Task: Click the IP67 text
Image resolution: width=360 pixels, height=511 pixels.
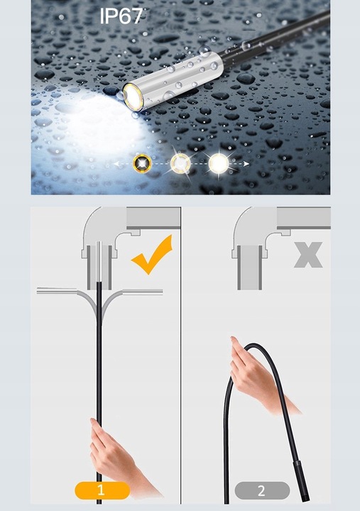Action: tap(121, 16)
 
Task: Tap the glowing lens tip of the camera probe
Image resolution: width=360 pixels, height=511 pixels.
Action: tap(133, 97)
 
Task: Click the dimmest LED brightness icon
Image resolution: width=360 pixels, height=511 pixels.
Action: tap(143, 163)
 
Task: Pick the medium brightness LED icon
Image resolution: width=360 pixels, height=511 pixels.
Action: tap(180, 163)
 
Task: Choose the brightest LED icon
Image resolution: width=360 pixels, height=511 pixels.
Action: tap(218, 163)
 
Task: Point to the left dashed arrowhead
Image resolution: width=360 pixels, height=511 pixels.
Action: tap(116, 164)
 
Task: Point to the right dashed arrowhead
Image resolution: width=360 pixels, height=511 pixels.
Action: tap(246, 164)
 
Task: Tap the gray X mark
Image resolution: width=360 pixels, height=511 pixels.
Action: tap(308, 255)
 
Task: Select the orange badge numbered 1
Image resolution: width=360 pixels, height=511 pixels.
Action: tap(102, 490)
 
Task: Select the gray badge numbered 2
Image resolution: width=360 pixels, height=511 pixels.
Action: tap(262, 490)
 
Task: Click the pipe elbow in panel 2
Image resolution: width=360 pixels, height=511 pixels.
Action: tap(258, 235)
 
